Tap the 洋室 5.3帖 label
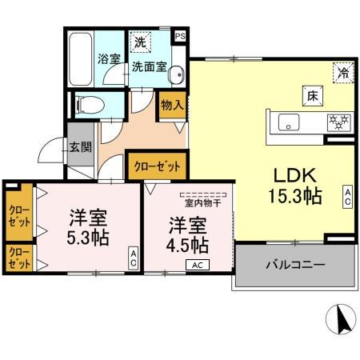click(88, 226)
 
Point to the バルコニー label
click(295, 265)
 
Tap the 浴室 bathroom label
click(108, 59)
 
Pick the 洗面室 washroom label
click(149, 67)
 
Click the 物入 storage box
click(172, 105)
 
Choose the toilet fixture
click(87, 105)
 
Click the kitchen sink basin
click(288, 122)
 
